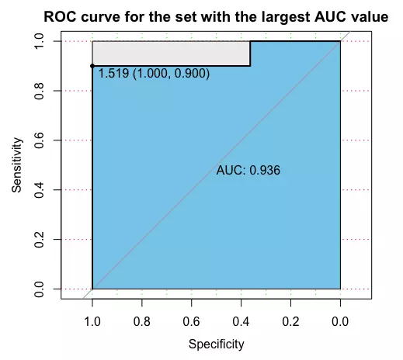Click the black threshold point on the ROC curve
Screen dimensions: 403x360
92,66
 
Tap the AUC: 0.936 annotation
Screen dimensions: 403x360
248,171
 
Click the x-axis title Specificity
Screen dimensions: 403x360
217,344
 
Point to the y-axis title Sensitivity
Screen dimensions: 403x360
17,165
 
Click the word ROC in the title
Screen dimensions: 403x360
60,17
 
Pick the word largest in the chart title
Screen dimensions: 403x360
286,18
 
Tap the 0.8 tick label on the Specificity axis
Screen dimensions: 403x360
142,322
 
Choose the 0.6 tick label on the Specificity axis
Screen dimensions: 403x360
192,322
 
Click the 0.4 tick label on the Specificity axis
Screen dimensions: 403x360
241,322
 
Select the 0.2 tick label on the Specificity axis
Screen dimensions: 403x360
290,322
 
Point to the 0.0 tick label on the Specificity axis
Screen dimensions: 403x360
340,322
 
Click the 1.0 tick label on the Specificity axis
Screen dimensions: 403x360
92,322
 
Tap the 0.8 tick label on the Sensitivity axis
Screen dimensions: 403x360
39,91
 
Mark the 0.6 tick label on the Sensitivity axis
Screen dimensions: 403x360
39,140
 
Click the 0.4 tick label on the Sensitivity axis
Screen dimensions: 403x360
39,190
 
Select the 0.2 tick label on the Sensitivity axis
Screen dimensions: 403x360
39,239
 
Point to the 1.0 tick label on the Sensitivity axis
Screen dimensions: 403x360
39,41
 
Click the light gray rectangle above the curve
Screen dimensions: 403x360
172,54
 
